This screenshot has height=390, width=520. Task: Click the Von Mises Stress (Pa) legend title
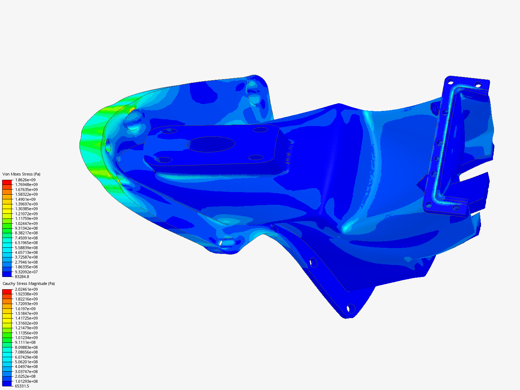[21, 174]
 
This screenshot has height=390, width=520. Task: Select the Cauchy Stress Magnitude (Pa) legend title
[29, 283]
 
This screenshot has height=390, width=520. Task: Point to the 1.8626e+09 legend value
[25, 180]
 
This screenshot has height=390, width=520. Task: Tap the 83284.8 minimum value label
[22, 277]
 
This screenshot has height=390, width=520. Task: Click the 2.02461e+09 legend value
[26, 289]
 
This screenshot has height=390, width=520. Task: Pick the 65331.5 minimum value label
[22, 386]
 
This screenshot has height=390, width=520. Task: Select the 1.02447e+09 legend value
[26, 224]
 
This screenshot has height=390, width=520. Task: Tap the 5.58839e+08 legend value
[26, 248]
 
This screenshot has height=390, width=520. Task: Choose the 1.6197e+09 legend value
[25, 309]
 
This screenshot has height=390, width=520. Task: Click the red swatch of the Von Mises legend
[7, 182]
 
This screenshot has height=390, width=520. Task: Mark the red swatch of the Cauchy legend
[7, 291]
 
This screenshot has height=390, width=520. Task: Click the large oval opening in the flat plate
[212, 144]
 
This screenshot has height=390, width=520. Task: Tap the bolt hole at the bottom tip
[350, 309]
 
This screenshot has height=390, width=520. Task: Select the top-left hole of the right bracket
[450, 82]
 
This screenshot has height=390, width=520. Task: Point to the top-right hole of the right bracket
[478, 85]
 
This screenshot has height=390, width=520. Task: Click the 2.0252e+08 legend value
[25, 376]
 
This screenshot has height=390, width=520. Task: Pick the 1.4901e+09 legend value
[25, 199]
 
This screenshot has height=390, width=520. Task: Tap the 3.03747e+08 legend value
[26, 372]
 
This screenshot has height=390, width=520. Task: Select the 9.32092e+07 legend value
[26, 272]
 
